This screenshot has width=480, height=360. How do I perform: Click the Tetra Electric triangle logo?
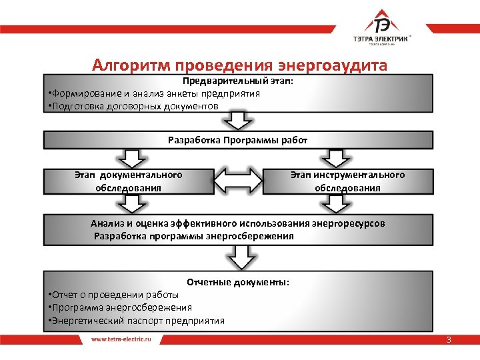[383, 23]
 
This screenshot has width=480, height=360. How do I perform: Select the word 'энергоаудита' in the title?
[336, 65]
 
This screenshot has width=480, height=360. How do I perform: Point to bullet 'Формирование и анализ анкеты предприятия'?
[155, 93]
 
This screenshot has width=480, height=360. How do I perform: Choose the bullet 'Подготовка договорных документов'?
[134, 106]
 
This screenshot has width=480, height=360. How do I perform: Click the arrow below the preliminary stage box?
[239, 121]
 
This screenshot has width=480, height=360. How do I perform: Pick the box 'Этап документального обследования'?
[128, 181]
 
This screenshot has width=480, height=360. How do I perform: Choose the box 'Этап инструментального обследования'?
[347, 181]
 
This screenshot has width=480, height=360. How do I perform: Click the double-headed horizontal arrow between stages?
[239, 181]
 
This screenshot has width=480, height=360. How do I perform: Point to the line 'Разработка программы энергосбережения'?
[194, 236]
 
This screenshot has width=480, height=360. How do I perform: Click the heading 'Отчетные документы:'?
[238, 282]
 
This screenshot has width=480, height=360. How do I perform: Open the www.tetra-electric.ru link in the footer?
[121, 339]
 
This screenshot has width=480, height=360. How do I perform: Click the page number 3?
[449, 340]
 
